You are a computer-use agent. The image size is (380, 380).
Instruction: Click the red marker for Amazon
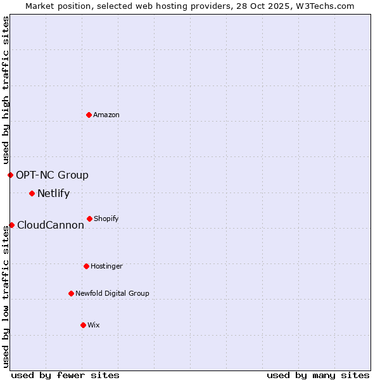pos(89,115)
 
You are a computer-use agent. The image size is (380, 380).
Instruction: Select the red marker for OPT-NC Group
pos(10,175)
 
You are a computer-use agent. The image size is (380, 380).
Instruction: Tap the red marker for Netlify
pos(32,193)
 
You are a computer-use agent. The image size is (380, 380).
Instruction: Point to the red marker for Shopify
pos(89,218)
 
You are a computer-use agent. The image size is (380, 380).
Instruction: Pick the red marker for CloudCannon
pos(11,225)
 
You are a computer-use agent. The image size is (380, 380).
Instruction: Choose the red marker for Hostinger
pos(86,266)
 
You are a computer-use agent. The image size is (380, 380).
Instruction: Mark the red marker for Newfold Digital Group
pos(71,293)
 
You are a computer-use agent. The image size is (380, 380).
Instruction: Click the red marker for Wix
pos(83,325)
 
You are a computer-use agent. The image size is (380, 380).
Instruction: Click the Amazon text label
pos(106,115)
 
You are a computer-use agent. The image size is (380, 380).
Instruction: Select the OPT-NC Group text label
pos(52,175)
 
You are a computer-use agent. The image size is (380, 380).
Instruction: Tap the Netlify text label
pos(53,193)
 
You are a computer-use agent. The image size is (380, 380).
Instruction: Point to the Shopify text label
pos(106,218)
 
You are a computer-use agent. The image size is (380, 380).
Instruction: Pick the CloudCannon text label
pos(51,225)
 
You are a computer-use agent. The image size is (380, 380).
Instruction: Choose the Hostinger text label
pos(106,266)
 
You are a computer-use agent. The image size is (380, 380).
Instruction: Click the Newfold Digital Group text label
pos(112,293)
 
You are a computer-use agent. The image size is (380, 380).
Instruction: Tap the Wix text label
pos(94,325)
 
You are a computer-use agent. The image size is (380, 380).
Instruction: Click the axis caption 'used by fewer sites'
pos(65,375)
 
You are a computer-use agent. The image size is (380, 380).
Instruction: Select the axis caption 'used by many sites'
pos(318,375)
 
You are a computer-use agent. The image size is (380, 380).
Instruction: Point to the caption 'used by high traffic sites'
pos(6,90)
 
